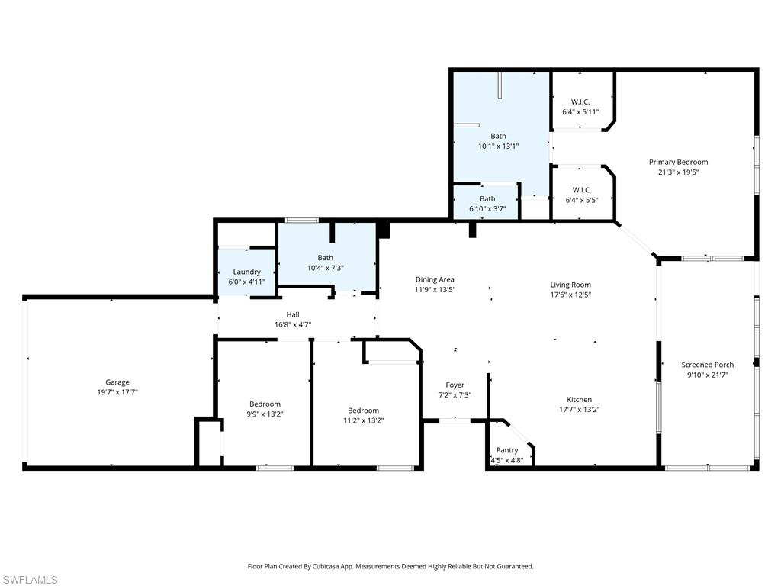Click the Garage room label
[x=117, y=382]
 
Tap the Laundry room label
[x=247, y=272]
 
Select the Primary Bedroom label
[x=678, y=162]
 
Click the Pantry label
[x=507, y=450]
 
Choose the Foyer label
[x=455, y=385]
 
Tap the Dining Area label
[x=435, y=279]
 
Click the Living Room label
[x=570, y=285]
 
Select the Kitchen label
[x=579, y=399]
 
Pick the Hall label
[x=293, y=314]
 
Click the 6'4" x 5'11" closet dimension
[x=580, y=112]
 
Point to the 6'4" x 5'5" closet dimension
[x=580, y=200]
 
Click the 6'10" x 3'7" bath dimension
[x=487, y=208]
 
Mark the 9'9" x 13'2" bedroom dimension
[x=265, y=414]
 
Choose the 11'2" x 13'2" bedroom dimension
[x=363, y=420]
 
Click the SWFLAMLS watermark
[x=30, y=580]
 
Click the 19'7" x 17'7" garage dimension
[x=117, y=392]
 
